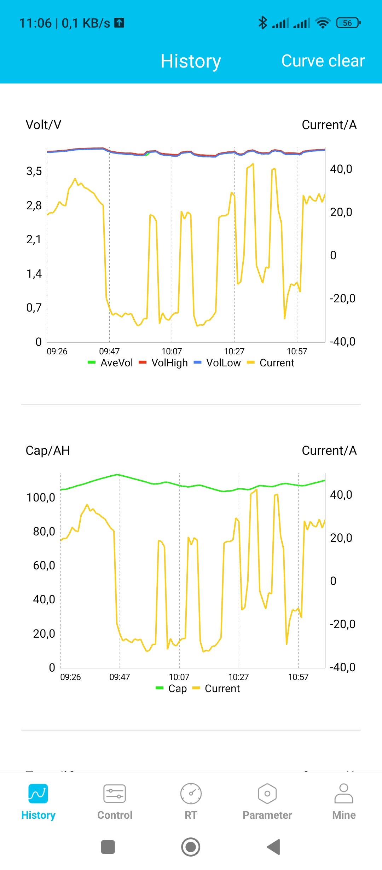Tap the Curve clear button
[x=323, y=61]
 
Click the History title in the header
[x=191, y=61]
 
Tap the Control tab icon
[x=115, y=794]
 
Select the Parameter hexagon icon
[x=267, y=794]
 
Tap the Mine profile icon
[x=343, y=794]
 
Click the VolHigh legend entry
[x=163, y=363]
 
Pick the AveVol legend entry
[x=110, y=363]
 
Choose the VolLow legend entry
[x=218, y=363]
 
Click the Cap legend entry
[x=172, y=689]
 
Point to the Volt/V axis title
[x=44, y=125]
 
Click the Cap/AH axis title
[x=48, y=451]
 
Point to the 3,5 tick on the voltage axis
[x=34, y=171]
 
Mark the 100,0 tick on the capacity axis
[x=41, y=498]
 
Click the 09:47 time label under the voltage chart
[x=109, y=351]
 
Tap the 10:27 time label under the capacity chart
[x=238, y=677]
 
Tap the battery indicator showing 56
[x=348, y=23]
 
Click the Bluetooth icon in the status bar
[x=262, y=23]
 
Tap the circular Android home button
[x=191, y=847]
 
